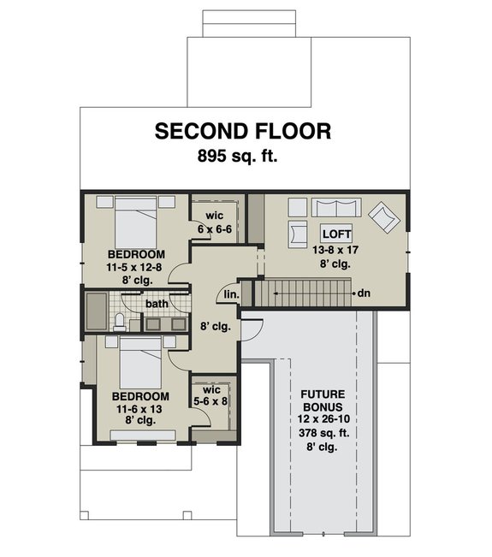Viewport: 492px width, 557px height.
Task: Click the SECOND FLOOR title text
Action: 242,131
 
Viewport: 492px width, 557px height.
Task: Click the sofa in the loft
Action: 335,208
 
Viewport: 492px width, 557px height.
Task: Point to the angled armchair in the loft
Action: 383,216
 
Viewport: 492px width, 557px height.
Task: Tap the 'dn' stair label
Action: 364,293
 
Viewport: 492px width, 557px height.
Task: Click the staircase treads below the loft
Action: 304,293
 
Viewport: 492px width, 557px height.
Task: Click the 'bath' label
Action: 156,303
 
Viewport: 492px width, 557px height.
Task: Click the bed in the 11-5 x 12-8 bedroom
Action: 134,224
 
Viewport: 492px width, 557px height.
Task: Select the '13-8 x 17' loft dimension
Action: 335,250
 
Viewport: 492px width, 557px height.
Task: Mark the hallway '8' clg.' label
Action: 216,326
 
